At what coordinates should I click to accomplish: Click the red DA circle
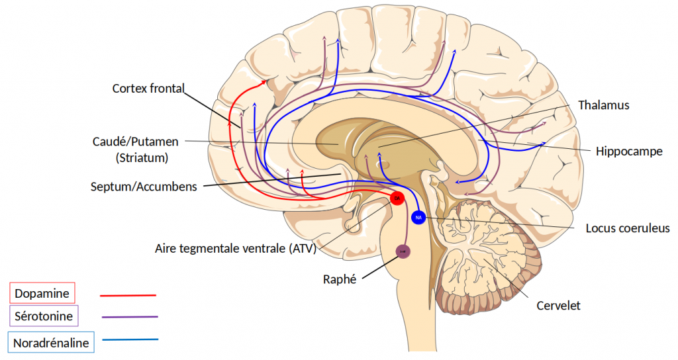[x=397, y=198]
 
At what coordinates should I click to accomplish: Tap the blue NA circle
[x=418, y=216]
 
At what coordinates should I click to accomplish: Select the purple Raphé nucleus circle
[x=403, y=251]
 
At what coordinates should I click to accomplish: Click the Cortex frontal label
[x=148, y=88]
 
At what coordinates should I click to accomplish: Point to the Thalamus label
[x=603, y=105]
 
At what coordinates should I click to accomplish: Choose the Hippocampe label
[x=628, y=151]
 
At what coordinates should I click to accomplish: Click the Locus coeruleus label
[x=628, y=228]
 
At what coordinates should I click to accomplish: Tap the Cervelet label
[x=558, y=306]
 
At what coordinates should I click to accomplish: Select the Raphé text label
[x=340, y=279]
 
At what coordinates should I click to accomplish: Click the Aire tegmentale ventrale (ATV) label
[x=236, y=249]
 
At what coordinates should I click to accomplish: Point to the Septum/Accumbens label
[x=144, y=187]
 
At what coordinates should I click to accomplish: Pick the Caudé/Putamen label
[x=136, y=142]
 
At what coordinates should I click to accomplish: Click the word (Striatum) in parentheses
[x=142, y=158]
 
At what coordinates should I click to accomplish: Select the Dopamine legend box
[x=42, y=292]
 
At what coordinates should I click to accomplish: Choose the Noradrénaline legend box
[x=51, y=342]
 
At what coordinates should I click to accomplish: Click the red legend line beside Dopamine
[x=128, y=295]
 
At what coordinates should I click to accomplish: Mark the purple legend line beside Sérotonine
[x=130, y=318]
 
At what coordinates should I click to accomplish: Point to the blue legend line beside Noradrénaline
[x=130, y=340]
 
